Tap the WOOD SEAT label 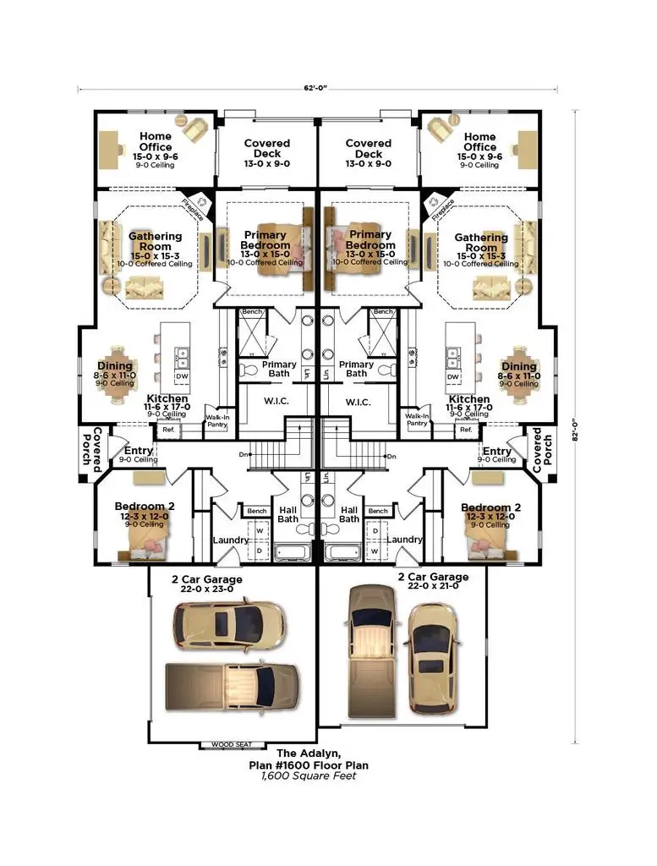(231, 745)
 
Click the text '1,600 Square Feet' (308, 776)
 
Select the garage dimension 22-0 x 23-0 (206, 589)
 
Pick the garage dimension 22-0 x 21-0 (432, 586)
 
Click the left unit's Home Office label (155, 141)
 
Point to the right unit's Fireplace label (442, 208)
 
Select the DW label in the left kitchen (182, 375)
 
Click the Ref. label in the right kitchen (464, 430)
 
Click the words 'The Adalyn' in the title (308, 753)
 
